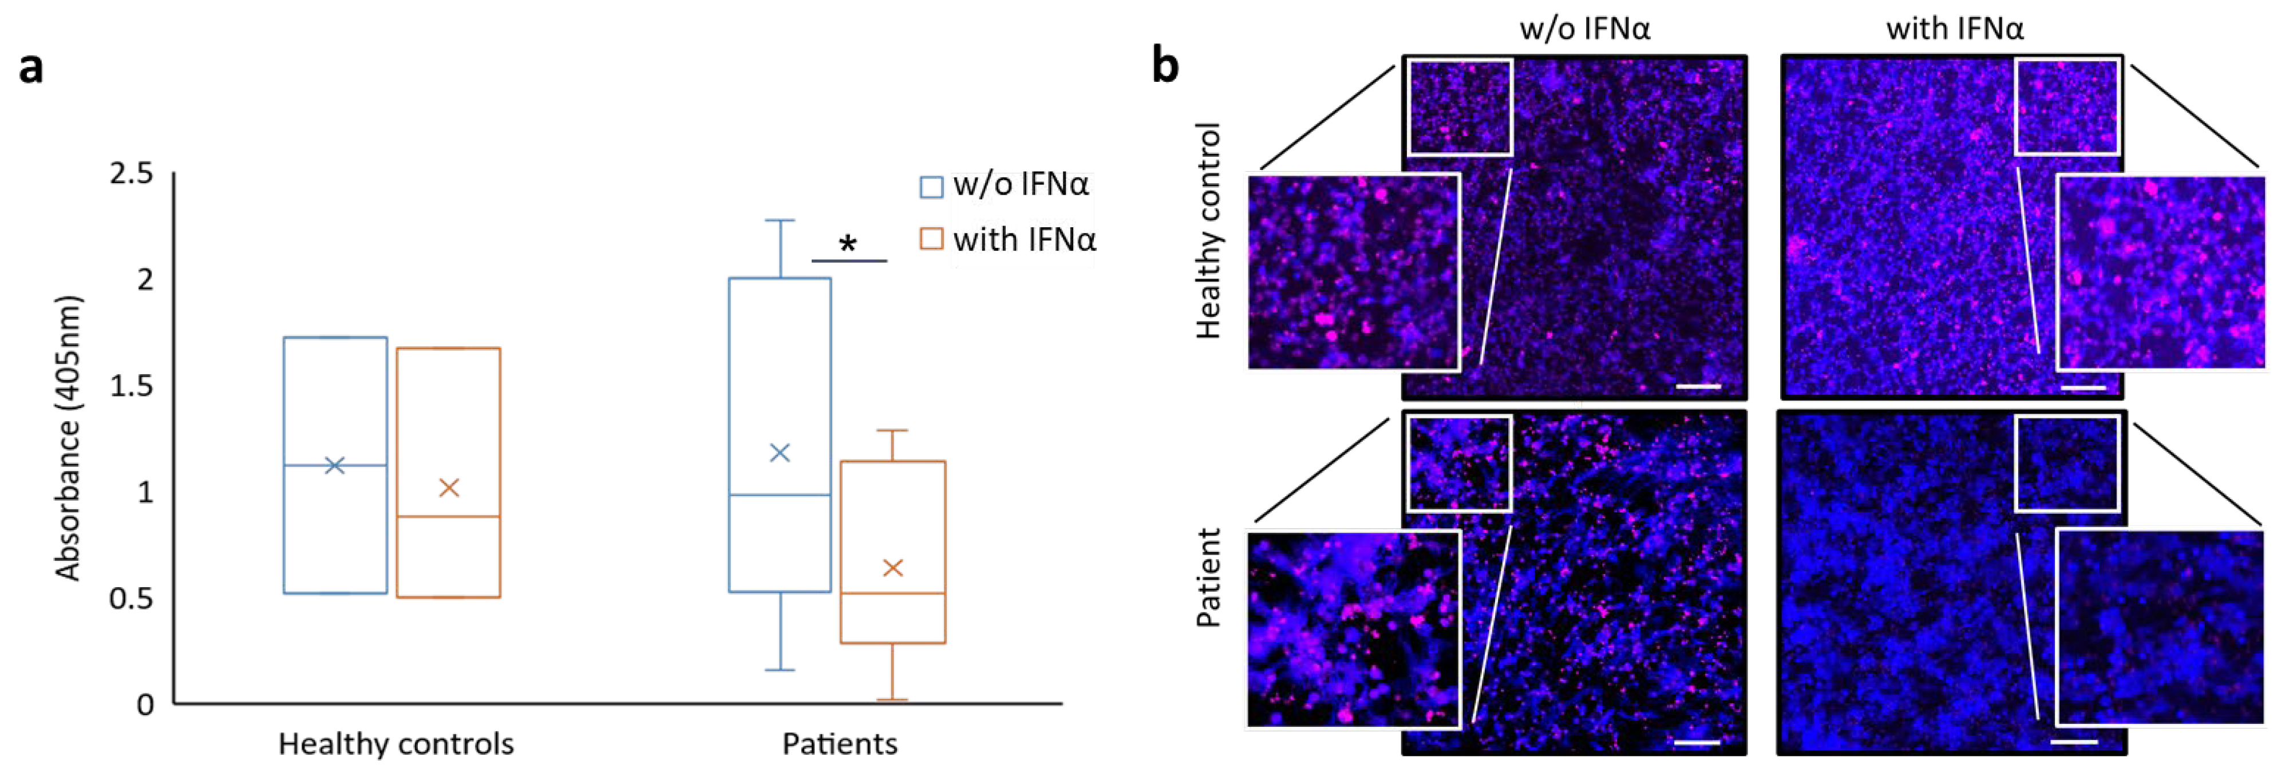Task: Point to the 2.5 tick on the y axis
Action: (132, 173)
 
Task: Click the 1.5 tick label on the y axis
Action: (132, 386)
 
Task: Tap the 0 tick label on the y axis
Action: (145, 705)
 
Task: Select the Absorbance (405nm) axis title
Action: (69, 437)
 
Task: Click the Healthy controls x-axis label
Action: (396, 744)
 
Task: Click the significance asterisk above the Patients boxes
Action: (849, 244)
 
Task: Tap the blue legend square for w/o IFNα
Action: (930, 187)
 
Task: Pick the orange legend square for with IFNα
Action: (930, 239)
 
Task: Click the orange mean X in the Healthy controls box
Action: (449, 487)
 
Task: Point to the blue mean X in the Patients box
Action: (779, 453)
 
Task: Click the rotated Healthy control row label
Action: (1208, 231)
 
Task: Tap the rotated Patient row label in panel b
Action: (1208, 578)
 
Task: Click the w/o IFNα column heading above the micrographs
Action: (1584, 29)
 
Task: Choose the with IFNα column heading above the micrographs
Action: (1955, 29)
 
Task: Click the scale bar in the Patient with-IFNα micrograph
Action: (2074, 741)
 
